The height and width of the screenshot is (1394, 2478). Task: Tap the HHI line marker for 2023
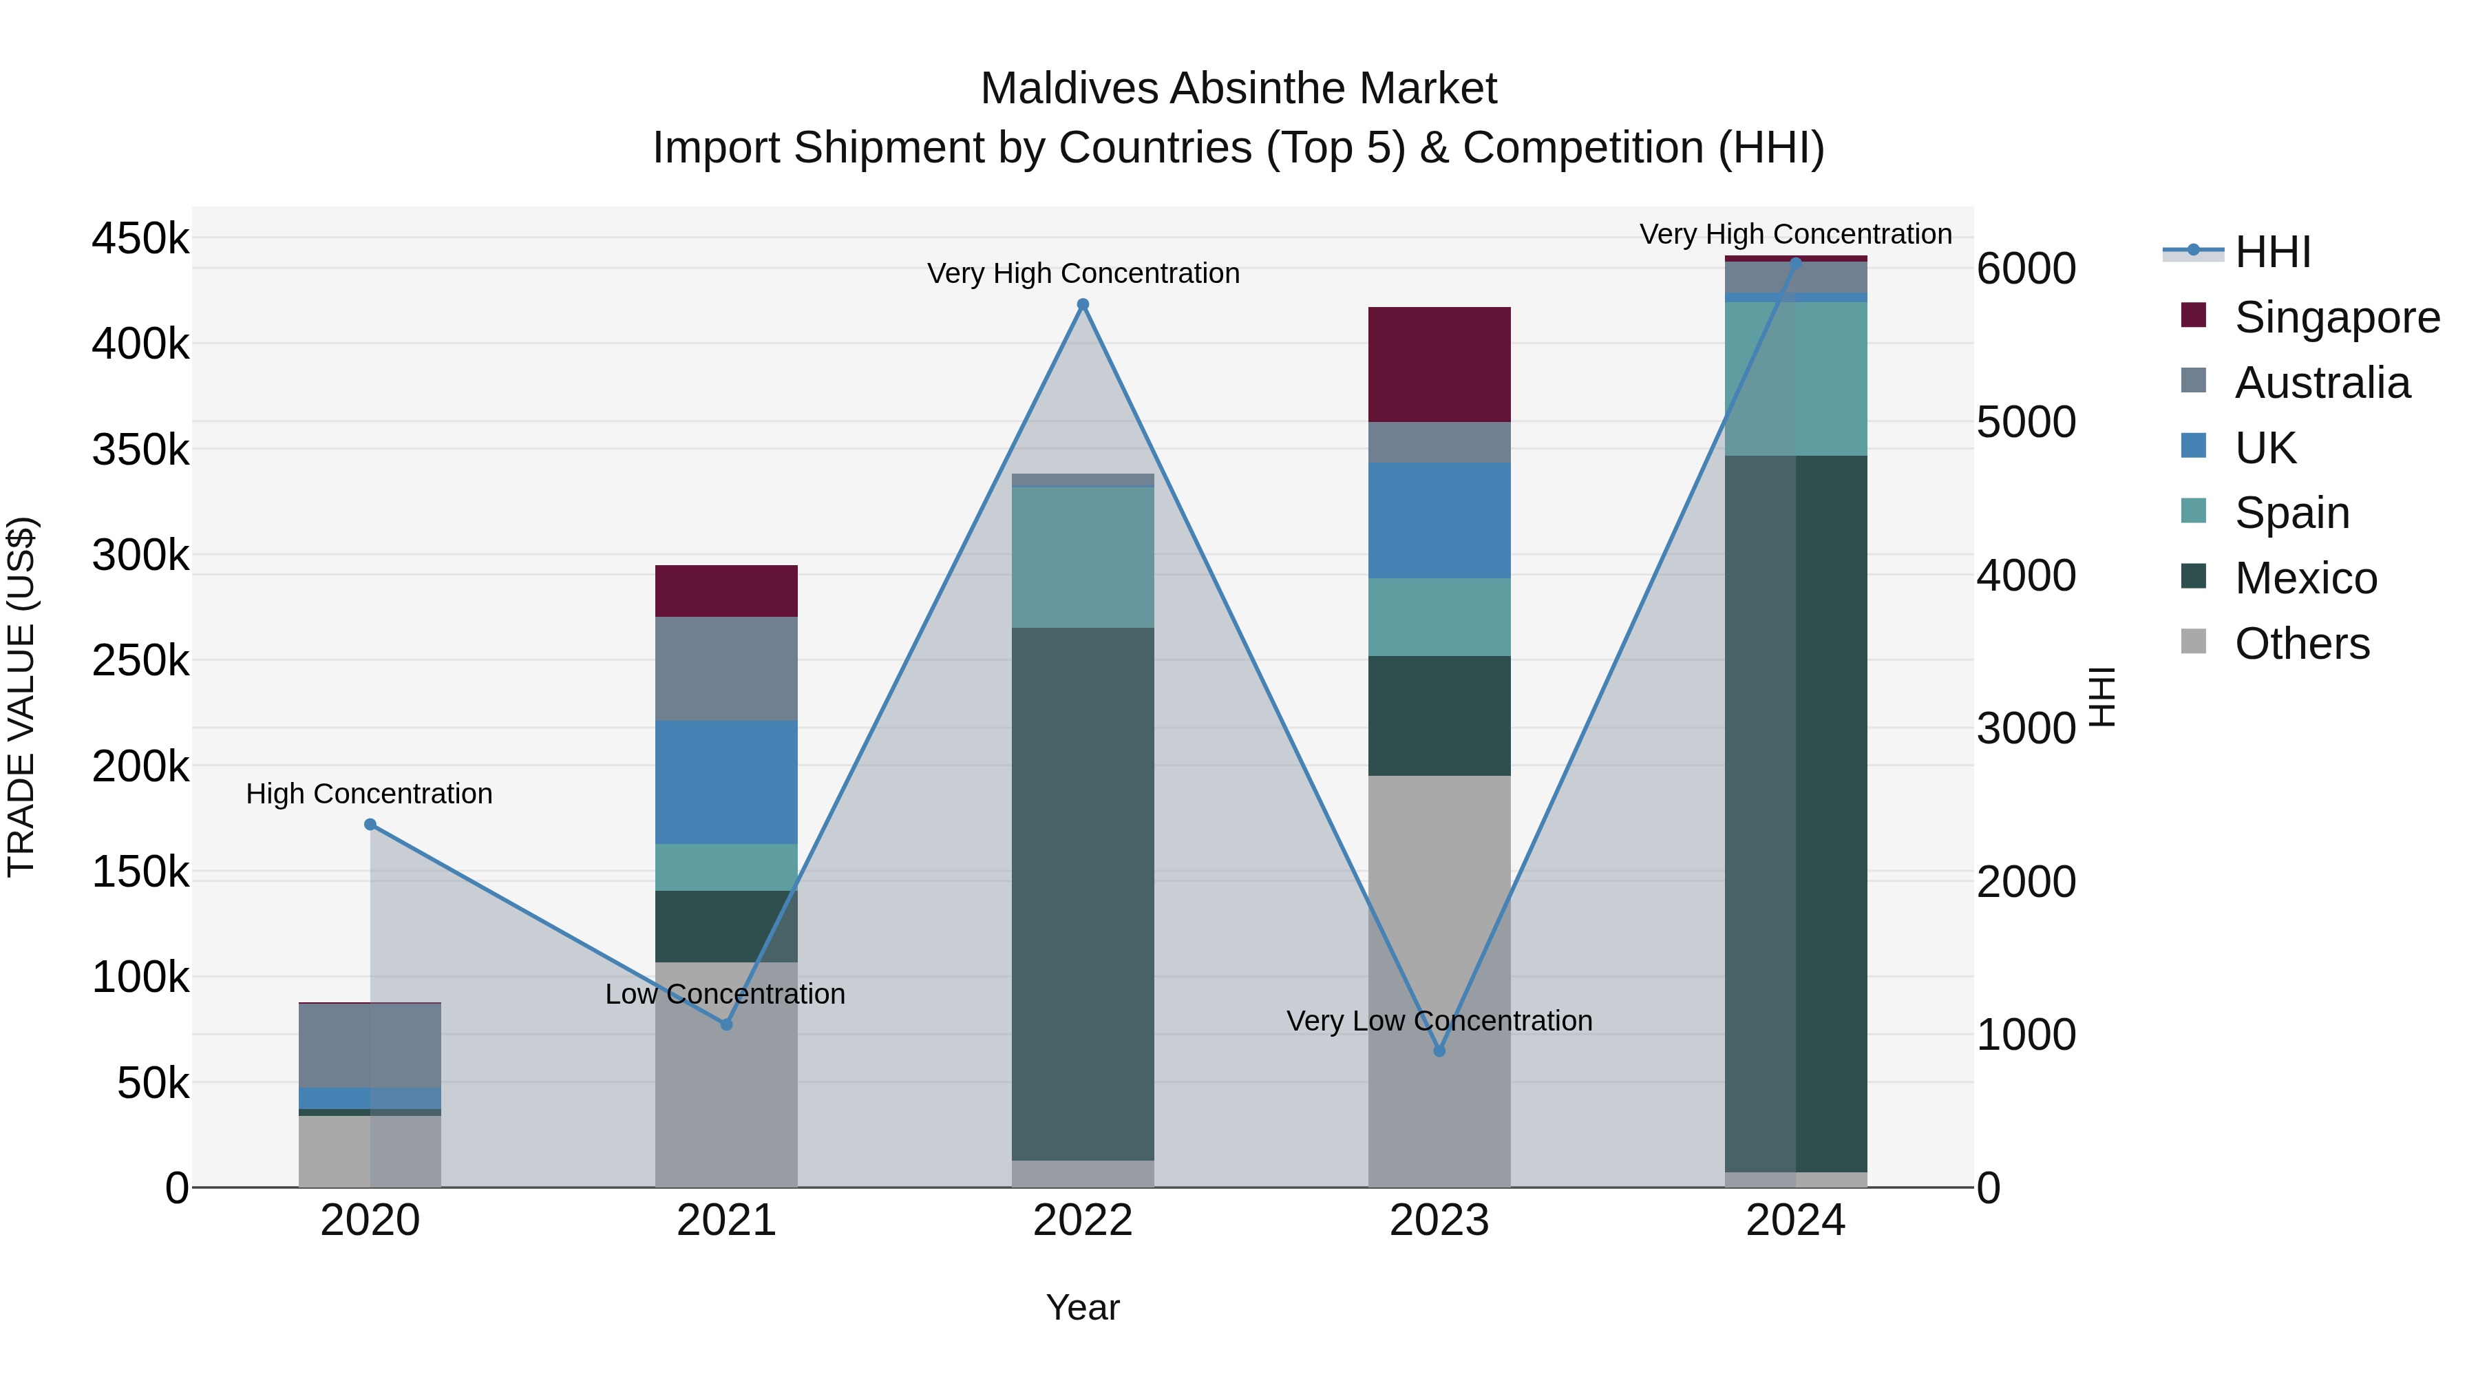[x=1439, y=1050]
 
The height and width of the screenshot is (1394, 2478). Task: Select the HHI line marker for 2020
[x=370, y=825]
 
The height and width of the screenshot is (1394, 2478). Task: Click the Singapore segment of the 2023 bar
[x=1439, y=365]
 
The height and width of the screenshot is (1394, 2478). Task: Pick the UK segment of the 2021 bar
[x=726, y=782]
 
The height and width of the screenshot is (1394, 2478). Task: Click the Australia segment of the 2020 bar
[x=370, y=1046]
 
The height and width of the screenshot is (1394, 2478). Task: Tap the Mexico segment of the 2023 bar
[x=1439, y=716]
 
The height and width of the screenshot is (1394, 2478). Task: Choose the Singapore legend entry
[x=2336, y=317]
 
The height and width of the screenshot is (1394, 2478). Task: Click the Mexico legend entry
[x=2305, y=578]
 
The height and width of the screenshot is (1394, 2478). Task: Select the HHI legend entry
[x=2272, y=252]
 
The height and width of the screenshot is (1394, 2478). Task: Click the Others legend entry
[x=2301, y=644]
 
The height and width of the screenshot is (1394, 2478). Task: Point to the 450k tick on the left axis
[x=140, y=237]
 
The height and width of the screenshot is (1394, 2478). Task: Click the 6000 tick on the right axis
[x=2026, y=268]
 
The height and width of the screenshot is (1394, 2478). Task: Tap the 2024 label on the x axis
[x=1795, y=1221]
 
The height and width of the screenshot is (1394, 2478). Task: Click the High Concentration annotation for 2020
[x=370, y=794]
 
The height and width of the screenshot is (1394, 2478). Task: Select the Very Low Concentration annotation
[x=1439, y=1021]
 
